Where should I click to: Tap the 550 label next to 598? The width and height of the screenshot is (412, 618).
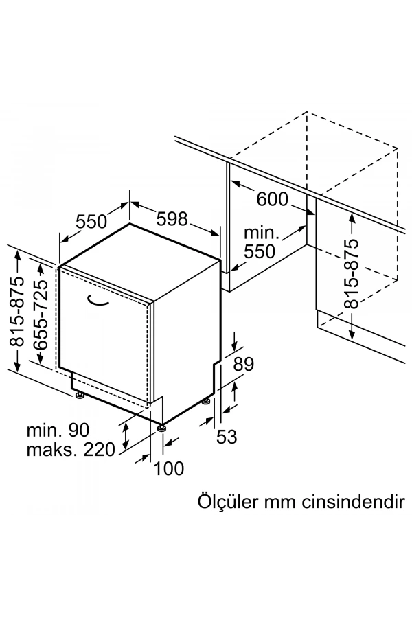(92, 222)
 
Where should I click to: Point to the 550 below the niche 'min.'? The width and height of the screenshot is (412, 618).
(260, 251)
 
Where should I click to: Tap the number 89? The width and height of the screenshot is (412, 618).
(244, 364)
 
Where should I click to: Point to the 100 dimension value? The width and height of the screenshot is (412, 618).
(169, 468)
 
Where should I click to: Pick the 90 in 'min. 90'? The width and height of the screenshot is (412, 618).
(78, 431)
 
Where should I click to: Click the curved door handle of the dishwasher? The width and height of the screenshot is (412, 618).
(98, 299)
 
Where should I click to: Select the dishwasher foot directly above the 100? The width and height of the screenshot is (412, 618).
(162, 428)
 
